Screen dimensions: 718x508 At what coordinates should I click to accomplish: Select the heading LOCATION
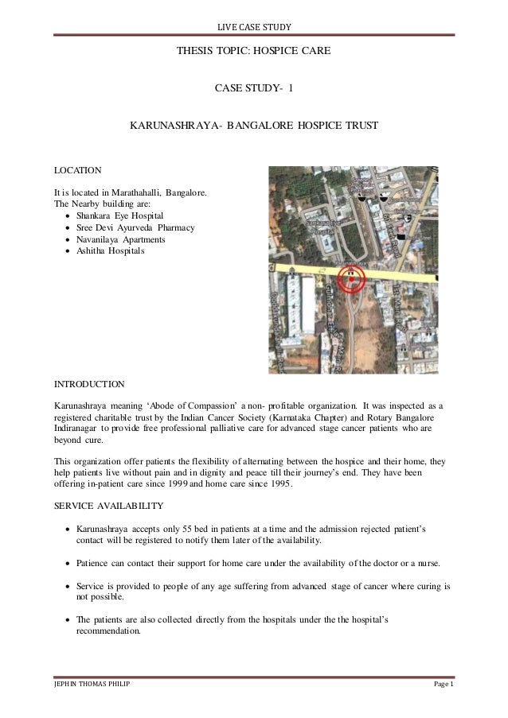(x=77, y=170)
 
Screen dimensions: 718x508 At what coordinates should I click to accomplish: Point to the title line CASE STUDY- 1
(x=253, y=87)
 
